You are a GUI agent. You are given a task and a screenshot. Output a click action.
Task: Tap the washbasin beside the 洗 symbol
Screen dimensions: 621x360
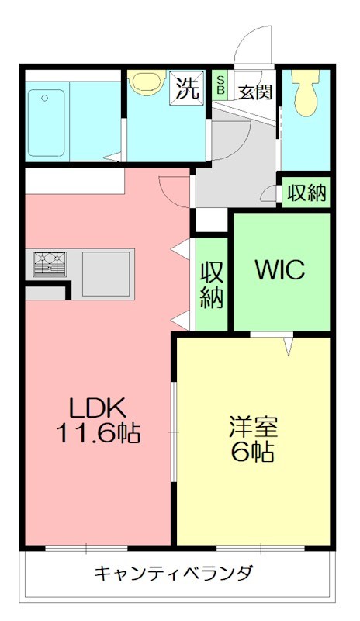coord(147,83)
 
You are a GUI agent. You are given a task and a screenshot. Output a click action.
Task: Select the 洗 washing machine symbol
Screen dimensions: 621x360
coord(189,88)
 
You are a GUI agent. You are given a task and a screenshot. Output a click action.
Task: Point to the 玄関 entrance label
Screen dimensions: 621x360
coord(254,92)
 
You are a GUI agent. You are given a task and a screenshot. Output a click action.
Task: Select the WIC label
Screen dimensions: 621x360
coord(280,271)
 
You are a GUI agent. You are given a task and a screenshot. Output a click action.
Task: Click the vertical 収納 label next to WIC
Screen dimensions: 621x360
coord(212,284)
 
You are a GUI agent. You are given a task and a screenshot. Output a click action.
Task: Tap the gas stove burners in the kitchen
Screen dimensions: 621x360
coord(50,263)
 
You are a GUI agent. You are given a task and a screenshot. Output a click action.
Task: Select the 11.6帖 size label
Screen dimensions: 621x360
coord(97,433)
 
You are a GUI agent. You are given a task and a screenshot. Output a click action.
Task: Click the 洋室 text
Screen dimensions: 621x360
coord(252,426)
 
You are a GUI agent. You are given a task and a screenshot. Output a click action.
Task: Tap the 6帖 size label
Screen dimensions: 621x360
coord(252,453)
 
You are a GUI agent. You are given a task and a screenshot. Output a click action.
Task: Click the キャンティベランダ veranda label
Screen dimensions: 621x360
coord(174,574)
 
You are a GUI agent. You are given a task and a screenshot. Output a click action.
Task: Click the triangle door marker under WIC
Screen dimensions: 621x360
coord(289,345)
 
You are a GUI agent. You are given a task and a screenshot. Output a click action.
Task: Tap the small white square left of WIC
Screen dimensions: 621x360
coord(209,221)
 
